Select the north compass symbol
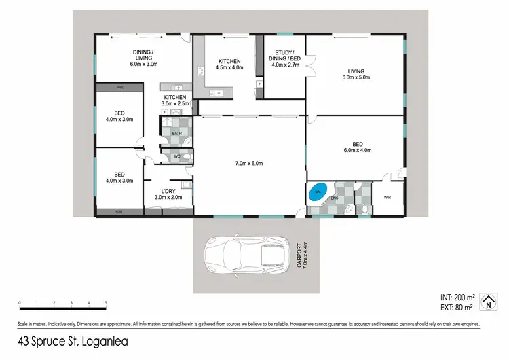click(487, 301)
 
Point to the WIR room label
click(388, 198)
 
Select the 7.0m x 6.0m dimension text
click(248, 164)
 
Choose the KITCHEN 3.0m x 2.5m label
click(175, 102)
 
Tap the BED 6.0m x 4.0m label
click(358, 147)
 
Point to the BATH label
click(176, 133)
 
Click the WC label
click(176, 156)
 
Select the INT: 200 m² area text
click(455, 298)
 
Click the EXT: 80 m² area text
click(455, 307)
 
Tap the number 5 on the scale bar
click(106, 303)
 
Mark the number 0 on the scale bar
click(20, 303)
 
